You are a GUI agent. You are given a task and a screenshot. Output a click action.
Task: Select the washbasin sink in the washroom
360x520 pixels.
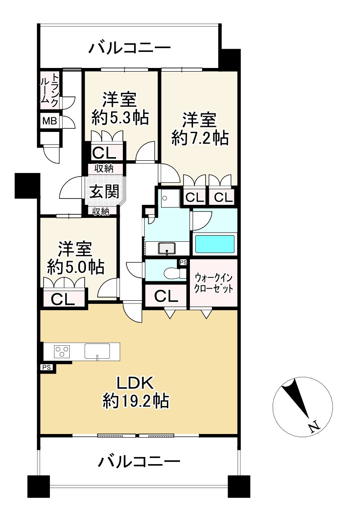point(167,248)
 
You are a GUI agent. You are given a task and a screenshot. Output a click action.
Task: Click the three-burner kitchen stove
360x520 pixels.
point(62,351)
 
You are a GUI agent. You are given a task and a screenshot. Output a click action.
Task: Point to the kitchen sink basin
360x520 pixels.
point(97,351)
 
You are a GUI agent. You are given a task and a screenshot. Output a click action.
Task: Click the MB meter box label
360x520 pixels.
point(49,121)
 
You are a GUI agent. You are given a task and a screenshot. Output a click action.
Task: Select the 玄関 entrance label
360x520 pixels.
point(104,191)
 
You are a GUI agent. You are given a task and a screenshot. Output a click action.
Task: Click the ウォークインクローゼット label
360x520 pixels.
point(213,283)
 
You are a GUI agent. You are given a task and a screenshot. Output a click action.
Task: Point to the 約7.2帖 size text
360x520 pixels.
point(200,138)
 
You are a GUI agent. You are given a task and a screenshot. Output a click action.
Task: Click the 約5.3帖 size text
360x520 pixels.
point(120,118)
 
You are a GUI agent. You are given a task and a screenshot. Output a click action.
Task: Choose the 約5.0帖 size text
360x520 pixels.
point(76,267)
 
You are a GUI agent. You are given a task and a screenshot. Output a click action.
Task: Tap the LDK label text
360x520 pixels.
point(135,383)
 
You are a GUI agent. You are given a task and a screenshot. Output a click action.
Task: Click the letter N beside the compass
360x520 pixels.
point(314,426)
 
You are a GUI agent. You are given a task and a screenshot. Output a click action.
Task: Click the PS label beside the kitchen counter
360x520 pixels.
point(47,367)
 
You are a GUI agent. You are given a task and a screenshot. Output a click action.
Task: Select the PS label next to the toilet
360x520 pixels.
point(183,262)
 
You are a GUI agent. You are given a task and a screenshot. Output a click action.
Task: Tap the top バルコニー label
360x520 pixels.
point(130,48)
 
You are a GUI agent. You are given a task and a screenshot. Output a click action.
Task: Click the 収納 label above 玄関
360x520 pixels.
point(104,168)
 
